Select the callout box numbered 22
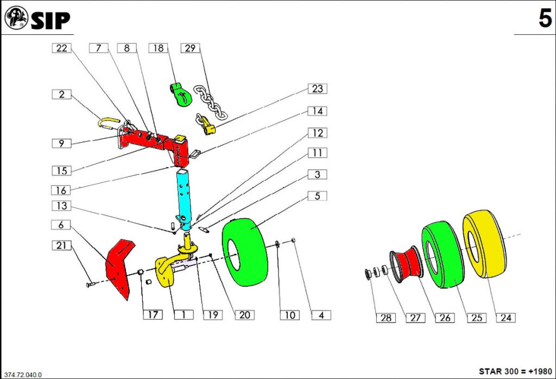click(62, 48)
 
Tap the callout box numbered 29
click(190, 48)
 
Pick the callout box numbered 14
click(318, 111)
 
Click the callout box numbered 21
click(62, 245)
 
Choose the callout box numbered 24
click(506, 318)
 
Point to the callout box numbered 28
click(386, 318)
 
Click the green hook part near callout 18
click(179, 93)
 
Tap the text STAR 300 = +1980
click(515, 371)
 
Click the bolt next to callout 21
click(91, 284)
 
